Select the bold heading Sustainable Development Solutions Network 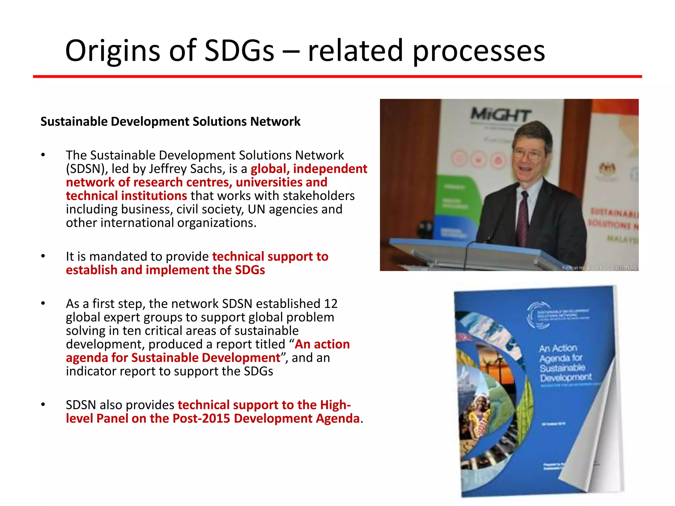pyautogui.click(x=170, y=122)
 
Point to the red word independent pyautogui.click(x=330, y=169)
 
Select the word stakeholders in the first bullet pyautogui.click(x=318, y=196)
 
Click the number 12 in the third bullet pyautogui.click(x=331, y=304)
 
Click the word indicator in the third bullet pyautogui.click(x=86, y=372)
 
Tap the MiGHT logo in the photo pyautogui.click(x=500, y=115)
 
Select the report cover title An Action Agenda pyautogui.click(x=565, y=362)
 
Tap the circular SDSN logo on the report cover pyautogui.click(x=538, y=315)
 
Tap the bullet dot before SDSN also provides pyautogui.click(x=43, y=405)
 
